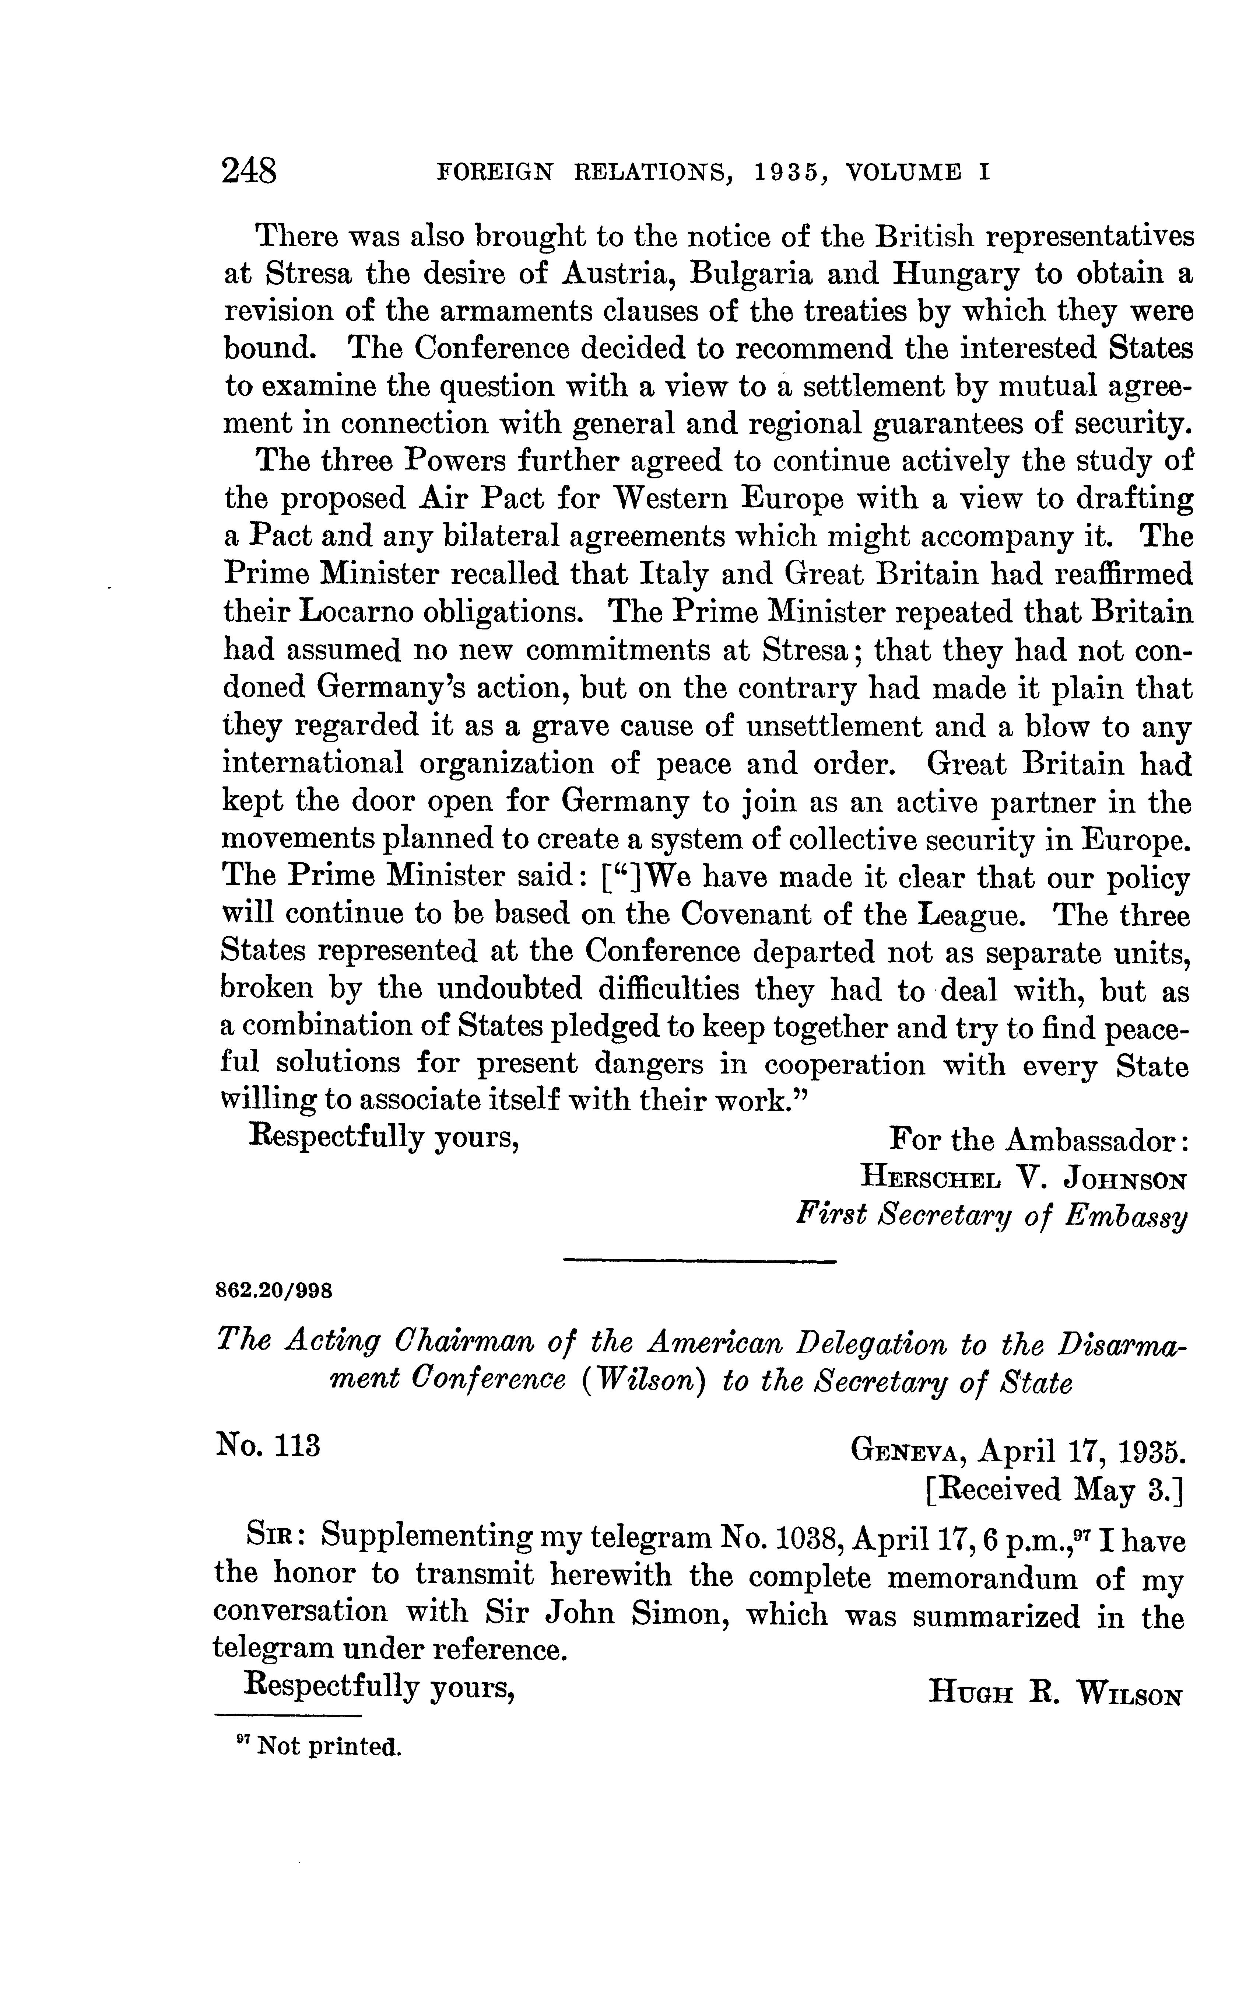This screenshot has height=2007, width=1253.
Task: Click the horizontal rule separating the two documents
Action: tap(699, 1262)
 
